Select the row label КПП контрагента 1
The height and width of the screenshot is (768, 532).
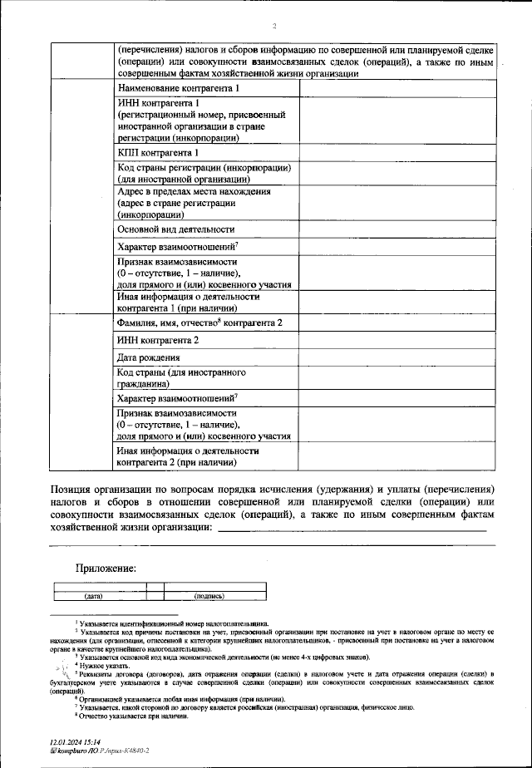click(x=158, y=153)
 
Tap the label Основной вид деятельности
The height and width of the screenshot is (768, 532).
click(x=176, y=229)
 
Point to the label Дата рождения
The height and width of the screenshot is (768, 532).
click(x=146, y=357)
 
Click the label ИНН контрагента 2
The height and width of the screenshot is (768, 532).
click(x=158, y=340)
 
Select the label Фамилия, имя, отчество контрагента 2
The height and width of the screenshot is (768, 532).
click(x=199, y=322)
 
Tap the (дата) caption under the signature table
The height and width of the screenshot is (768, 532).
click(x=93, y=596)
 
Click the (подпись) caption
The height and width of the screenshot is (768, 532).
click(x=209, y=596)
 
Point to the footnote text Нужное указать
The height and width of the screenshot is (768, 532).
click(x=103, y=665)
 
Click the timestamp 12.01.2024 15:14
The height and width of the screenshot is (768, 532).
click(x=76, y=741)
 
